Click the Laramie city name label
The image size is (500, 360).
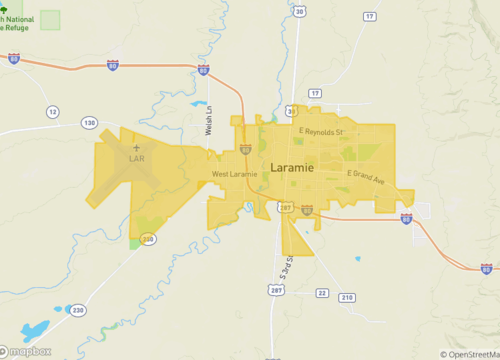click(x=291, y=168)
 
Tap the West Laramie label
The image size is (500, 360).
click(x=234, y=175)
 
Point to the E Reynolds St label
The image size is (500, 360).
click(x=320, y=131)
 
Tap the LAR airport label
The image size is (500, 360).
click(x=137, y=158)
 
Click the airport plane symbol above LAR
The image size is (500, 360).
click(x=137, y=147)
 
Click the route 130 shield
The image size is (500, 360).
click(x=90, y=123)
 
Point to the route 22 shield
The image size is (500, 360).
click(x=321, y=293)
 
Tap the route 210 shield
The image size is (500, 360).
click(x=346, y=298)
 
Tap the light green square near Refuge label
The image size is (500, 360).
click(x=50, y=20)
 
